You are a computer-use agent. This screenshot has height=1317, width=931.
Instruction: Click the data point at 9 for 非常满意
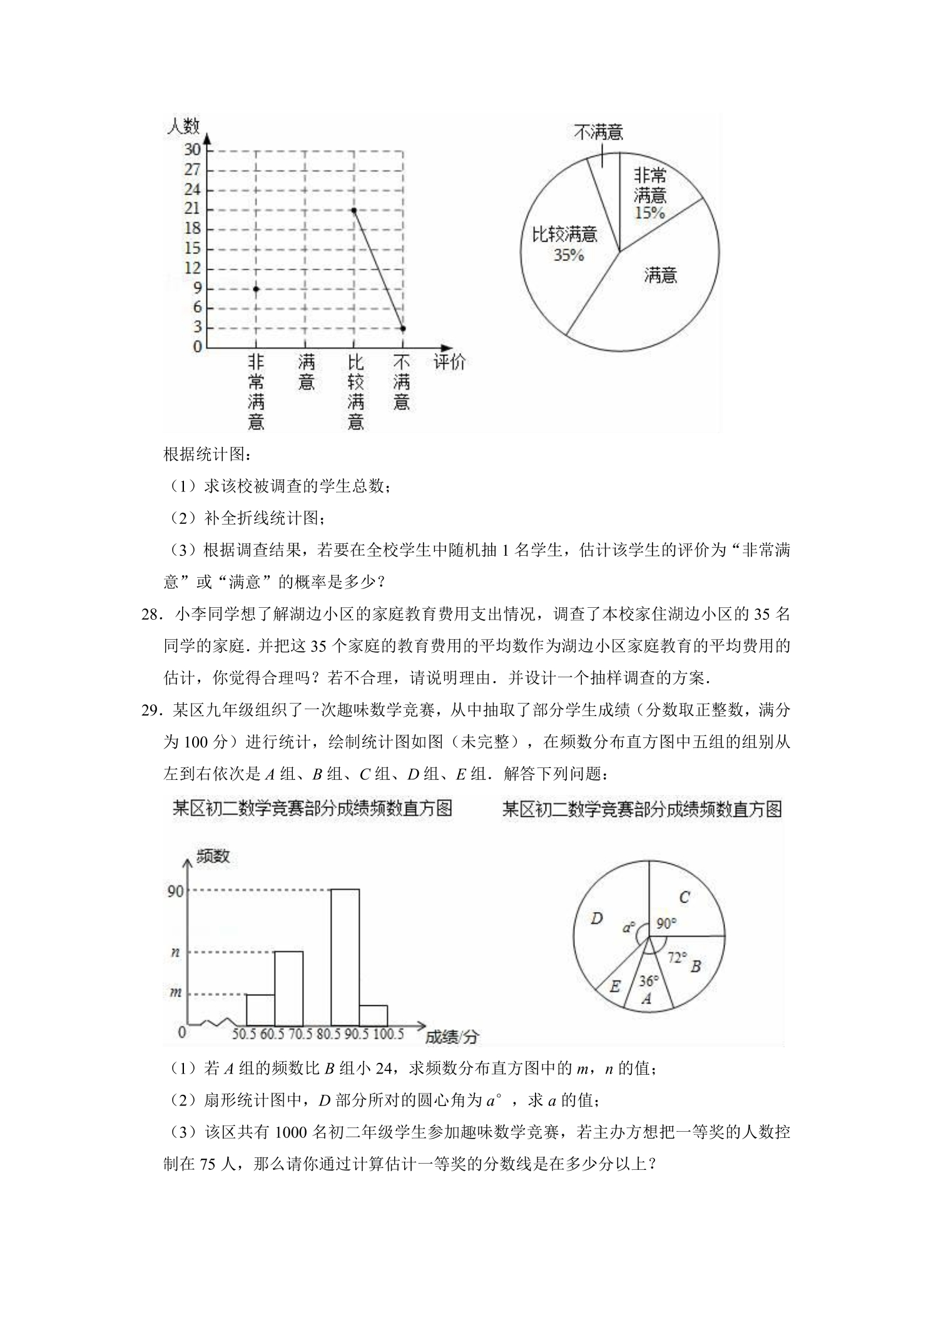(x=256, y=289)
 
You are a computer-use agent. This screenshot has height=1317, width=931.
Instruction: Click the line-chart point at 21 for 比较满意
(x=354, y=210)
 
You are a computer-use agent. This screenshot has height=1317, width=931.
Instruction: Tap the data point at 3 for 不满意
(x=403, y=328)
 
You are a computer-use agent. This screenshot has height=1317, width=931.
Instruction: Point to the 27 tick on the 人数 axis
(x=193, y=170)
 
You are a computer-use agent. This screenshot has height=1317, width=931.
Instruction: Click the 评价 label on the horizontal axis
(x=450, y=362)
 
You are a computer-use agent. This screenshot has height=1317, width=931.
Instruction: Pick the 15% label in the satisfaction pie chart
(x=649, y=213)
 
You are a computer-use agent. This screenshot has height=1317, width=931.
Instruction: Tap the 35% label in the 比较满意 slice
(x=569, y=255)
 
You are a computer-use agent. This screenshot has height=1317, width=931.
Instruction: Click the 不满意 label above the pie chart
(x=599, y=133)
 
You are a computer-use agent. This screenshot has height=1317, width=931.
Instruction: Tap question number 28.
(x=152, y=614)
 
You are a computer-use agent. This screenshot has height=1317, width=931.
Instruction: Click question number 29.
(x=152, y=710)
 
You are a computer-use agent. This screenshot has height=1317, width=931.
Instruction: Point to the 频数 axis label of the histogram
(x=213, y=856)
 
